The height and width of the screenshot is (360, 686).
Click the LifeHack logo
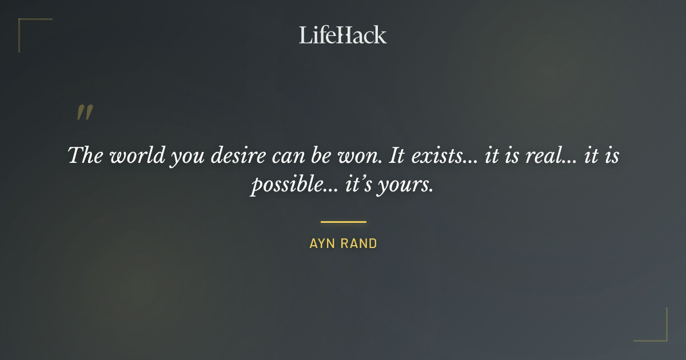[x=342, y=35]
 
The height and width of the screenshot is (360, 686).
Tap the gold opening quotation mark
[x=85, y=113]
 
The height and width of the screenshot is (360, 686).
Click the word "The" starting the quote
[x=85, y=155]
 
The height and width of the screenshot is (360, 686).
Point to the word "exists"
[x=440, y=155]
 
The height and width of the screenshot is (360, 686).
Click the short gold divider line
[x=343, y=222]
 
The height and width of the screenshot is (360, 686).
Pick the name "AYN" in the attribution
[x=321, y=243]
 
